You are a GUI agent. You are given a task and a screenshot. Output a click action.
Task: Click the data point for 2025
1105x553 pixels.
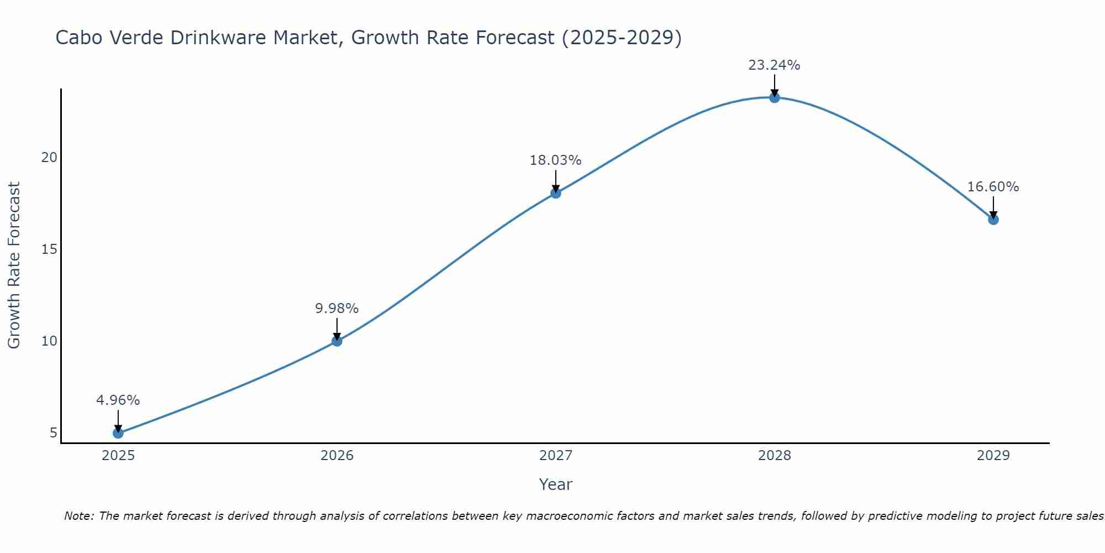118,433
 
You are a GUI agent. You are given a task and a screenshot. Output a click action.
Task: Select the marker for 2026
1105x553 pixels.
337,341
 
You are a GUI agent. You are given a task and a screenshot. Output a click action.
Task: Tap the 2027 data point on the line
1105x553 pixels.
556,193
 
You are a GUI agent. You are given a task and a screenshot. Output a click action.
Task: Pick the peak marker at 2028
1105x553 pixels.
775,98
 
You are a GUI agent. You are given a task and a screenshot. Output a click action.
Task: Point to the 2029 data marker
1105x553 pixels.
993,220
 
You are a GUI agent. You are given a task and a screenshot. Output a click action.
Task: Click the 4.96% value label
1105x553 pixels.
118,400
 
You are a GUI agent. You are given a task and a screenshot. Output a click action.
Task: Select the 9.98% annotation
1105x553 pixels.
337,308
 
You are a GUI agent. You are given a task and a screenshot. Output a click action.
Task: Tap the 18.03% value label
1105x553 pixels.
556,160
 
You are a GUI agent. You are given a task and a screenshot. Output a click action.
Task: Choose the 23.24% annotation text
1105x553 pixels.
775,65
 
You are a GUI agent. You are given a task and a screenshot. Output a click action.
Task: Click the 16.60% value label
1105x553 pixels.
993,187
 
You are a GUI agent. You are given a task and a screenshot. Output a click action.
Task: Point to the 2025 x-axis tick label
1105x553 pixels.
118,456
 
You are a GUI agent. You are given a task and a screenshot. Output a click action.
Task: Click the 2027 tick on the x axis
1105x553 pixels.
556,456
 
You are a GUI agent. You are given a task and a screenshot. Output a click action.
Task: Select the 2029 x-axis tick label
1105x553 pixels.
993,456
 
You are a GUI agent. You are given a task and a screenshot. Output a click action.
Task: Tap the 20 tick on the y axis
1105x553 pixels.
49,158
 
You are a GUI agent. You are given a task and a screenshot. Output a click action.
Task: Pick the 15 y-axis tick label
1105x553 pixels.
49,249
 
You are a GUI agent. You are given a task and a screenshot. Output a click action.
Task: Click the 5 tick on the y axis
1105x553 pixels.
54,432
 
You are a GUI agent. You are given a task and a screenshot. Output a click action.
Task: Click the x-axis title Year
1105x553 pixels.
556,484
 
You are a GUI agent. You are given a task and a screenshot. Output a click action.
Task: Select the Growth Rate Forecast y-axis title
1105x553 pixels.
14,265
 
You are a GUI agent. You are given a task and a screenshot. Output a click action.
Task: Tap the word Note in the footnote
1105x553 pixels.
79,516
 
